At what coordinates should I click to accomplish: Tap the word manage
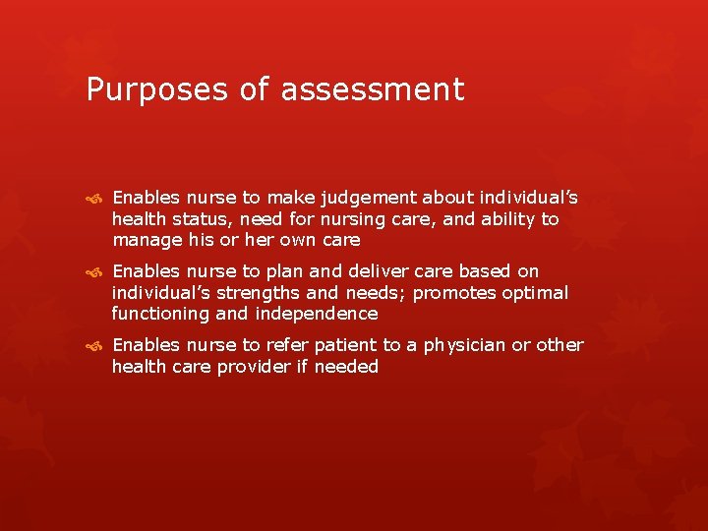pyautogui.click(x=147, y=240)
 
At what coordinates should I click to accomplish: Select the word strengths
pyautogui.click(x=265, y=293)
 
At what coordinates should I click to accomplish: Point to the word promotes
pyautogui.click(x=458, y=293)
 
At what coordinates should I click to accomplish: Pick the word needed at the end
pyautogui.click(x=348, y=367)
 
